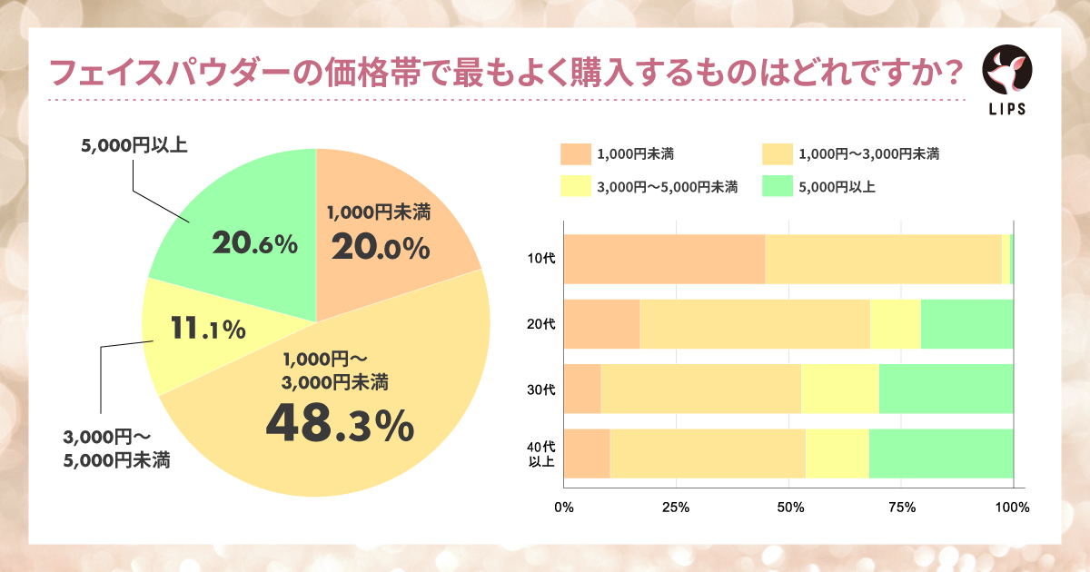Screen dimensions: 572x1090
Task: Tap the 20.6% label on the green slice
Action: tap(254, 243)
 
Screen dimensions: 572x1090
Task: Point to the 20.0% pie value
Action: tap(379, 247)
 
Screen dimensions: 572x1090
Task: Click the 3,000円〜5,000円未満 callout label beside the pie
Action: tap(116, 449)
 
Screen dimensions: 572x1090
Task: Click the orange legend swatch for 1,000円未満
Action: tap(576, 153)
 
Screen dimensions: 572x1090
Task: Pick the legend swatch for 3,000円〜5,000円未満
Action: tap(576, 187)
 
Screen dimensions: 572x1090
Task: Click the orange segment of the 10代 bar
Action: tap(664, 259)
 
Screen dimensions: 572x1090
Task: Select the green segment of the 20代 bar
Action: tap(966, 324)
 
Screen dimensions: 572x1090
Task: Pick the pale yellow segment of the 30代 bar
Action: tap(839, 389)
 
